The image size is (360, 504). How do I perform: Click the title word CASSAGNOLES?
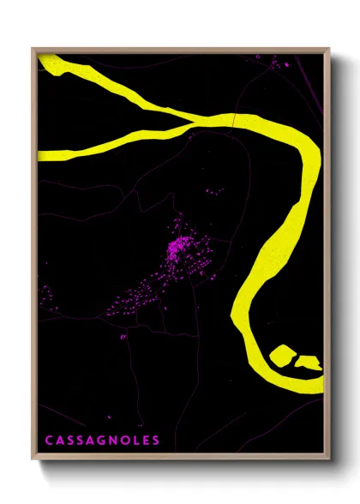102,441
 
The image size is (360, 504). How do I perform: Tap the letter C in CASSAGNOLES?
49,441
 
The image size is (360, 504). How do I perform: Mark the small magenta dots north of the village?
214,190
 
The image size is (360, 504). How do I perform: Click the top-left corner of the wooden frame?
33,48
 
